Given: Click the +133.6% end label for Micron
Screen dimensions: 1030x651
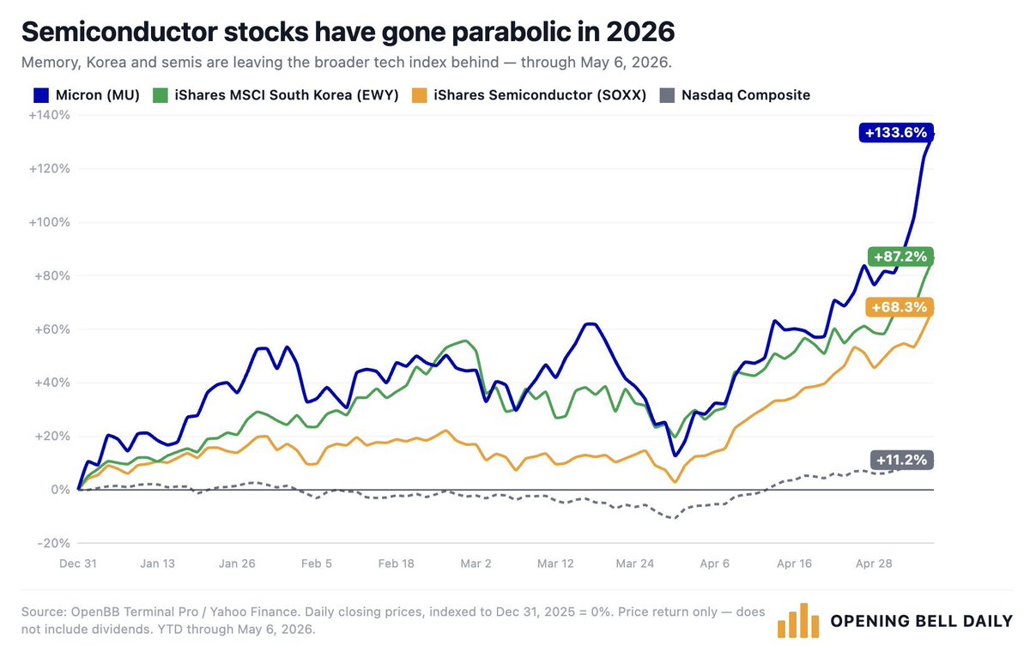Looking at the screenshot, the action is [896, 133].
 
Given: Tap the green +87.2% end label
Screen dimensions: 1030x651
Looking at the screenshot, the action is [900, 256].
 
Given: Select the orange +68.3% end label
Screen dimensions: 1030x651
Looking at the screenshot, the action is [899, 307].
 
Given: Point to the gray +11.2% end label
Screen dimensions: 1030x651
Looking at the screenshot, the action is [902, 460].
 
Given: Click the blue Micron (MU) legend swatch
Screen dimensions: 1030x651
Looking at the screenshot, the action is [41, 95].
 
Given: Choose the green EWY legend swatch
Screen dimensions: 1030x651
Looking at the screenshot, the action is [160, 95].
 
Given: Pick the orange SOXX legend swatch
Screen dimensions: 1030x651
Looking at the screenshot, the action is [420, 95].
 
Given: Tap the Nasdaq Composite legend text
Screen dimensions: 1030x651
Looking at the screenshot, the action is [745, 95].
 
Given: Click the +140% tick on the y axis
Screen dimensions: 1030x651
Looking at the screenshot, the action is [49, 115].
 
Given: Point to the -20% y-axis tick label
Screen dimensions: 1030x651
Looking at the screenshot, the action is [53, 543].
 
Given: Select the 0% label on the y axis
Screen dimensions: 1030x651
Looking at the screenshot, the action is [60, 490].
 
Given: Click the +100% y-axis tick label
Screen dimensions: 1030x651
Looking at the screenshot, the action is [49, 222].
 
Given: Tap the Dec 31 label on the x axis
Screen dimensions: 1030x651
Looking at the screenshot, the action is [78, 564].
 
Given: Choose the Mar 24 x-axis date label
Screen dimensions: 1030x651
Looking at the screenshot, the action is [634, 564].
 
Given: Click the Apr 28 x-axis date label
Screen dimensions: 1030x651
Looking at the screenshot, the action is [874, 564].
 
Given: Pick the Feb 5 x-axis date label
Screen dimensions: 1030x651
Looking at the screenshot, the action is [317, 564].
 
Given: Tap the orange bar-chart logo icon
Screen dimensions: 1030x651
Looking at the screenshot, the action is [798, 621].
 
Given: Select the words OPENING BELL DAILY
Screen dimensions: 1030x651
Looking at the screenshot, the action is [922, 621].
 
